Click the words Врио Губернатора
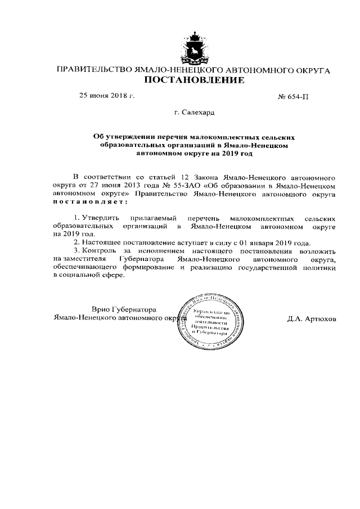(124, 309)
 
